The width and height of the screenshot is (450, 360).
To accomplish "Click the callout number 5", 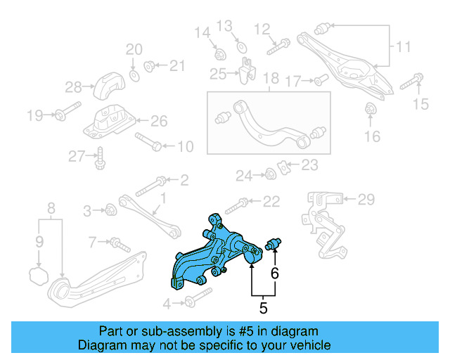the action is tap(263, 307).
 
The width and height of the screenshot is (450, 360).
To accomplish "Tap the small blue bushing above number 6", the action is tap(274, 245).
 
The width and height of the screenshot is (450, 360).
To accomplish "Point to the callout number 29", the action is tap(367, 200).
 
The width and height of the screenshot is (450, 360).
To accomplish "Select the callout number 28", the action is tap(74, 88).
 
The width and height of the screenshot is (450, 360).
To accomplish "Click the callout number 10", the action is tap(185, 147).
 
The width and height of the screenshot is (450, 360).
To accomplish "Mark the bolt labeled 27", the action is tap(99, 160).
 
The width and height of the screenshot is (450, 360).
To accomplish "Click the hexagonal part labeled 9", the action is tap(39, 274).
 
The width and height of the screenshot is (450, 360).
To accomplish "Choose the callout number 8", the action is tap(51, 209).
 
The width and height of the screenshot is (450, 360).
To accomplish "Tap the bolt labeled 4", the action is tap(189, 303).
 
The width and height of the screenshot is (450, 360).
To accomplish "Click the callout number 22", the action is tap(271, 202).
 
